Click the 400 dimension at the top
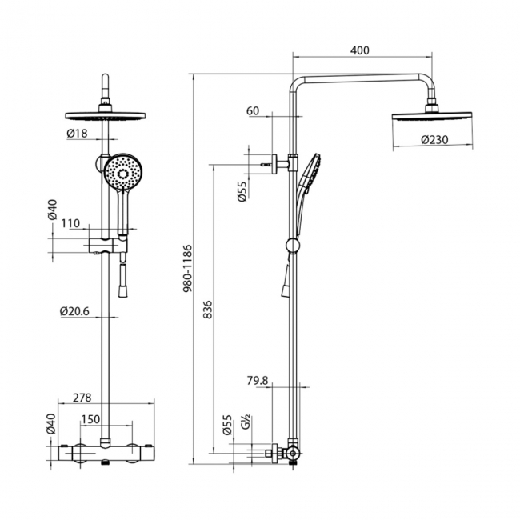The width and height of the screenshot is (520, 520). [x=360, y=50]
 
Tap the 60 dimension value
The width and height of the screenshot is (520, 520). [x=253, y=111]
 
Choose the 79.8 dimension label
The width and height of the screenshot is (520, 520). [x=258, y=380]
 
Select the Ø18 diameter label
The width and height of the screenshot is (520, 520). [x=78, y=133]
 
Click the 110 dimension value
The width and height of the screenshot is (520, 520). [x=70, y=224]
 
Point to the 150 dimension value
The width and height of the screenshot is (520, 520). [x=90, y=420]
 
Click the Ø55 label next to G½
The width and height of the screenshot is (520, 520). [x=227, y=424]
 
